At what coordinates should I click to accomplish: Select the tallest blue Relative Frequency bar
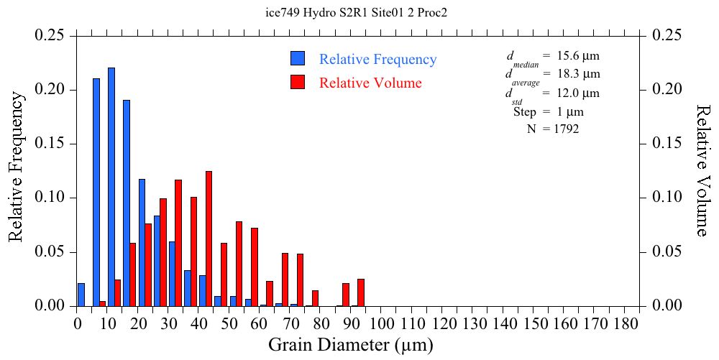(111, 187)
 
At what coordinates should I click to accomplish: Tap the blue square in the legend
(298, 59)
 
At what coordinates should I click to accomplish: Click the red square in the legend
(298, 82)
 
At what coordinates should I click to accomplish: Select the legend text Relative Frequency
(377, 60)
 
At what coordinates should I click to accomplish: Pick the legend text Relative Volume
(370, 83)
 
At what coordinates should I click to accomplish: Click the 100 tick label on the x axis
(382, 324)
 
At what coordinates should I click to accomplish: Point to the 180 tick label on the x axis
(625, 324)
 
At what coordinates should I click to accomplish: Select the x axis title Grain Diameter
(351, 346)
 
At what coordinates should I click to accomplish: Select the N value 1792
(566, 129)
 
